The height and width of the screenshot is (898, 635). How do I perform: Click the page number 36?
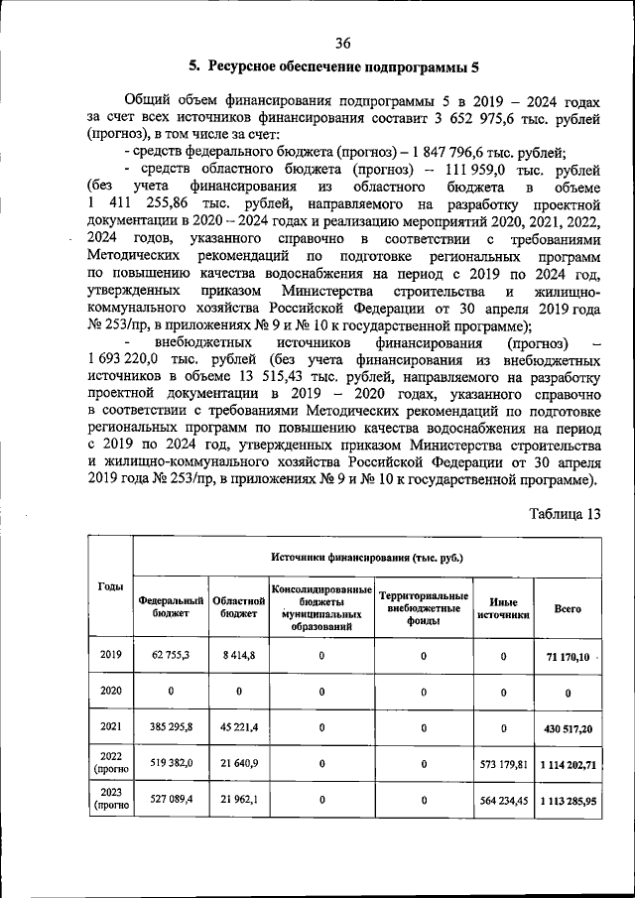click(x=343, y=42)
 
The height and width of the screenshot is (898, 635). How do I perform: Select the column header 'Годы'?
click(x=110, y=586)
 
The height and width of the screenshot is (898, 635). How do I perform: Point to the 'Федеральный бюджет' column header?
click(x=171, y=607)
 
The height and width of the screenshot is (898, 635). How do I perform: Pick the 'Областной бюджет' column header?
click(x=239, y=607)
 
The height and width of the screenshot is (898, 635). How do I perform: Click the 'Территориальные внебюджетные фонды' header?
click(x=424, y=607)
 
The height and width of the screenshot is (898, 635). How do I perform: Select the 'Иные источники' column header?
click(x=503, y=607)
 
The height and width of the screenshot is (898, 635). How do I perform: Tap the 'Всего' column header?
click(x=568, y=608)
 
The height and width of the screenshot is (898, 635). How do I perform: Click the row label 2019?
click(x=110, y=655)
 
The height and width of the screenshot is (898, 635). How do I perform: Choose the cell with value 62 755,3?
click(x=171, y=656)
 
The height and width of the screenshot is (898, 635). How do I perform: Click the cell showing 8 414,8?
click(x=239, y=656)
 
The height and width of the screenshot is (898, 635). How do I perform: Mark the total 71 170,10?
click(x=569, y=657)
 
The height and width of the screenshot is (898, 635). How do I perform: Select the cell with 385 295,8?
click(x=171, y=727)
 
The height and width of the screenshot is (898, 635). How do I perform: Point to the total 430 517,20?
click(x=569, y=728)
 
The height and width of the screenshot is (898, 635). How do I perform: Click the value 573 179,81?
click(x=503, y=764)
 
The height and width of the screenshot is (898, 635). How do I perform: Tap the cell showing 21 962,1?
click(x=239, y=799)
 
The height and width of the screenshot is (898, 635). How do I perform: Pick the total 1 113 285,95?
click(x=569, y=800)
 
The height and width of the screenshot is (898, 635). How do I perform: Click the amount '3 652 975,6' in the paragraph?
click(x=485, y=118)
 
